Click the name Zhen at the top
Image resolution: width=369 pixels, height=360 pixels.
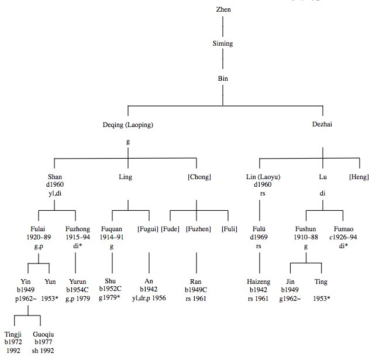pyautogui.click(x=223, y=10)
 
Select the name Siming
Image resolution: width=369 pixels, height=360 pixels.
pyautogui.click(x=223, y=43)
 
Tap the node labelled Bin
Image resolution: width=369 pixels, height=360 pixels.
pyautogui.click(x=223, y=77)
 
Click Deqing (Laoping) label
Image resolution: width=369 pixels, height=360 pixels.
pyautogui.click(x=128, y=124)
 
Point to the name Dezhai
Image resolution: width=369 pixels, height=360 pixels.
pyautogui.click(x=322, y=124)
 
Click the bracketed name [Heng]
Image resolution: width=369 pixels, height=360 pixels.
pyautogui.click(x=358, y=177)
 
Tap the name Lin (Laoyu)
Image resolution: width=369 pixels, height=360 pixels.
pyautogui.click(x=259, y=177)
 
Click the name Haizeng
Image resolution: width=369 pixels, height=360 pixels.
pyautogui.click(x=258, y=282)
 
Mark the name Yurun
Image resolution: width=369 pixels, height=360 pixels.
pyautogui.click(x=77, y=282)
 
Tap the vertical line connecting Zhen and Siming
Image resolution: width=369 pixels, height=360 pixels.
pyautogui.click(x=223, y=26)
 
